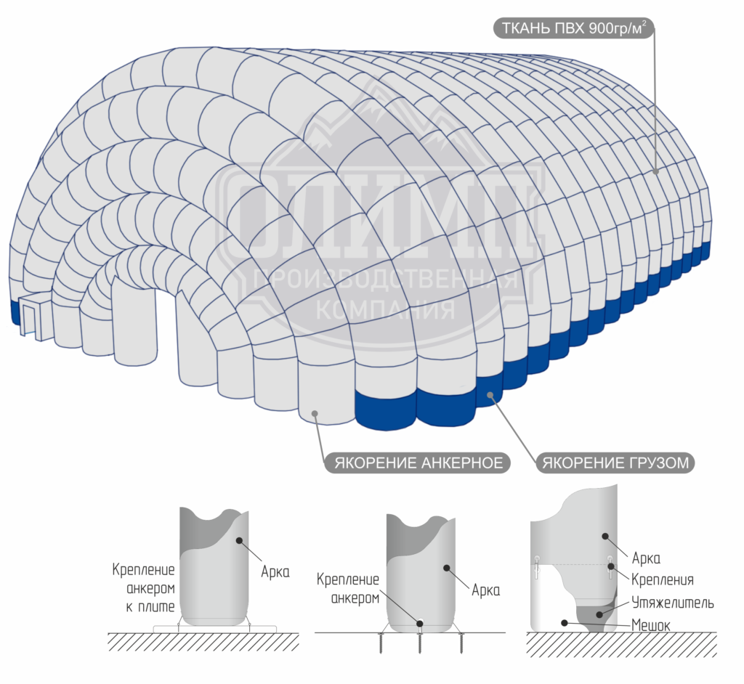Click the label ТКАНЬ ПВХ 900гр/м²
click(574, 28)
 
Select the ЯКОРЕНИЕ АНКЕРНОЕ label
click(418, 463)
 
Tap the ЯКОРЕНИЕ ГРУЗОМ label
click(615, 463)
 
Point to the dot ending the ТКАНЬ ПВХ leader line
click(656, 171)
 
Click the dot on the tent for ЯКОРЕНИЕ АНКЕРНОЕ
click(315, 414)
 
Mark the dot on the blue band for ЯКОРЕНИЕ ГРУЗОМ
click(490, 395)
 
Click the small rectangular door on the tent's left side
click(31, 315)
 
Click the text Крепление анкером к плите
click(144, 588)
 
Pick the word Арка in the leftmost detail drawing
click(275, 572)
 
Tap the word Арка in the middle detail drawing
click(486, 590)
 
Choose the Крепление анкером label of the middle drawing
click(348, 589)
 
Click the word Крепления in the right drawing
click(663, 579)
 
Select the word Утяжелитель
click(673, 603)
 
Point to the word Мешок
click(651, 626)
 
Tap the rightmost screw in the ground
click(461, 643)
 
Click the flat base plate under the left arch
click(215, 629)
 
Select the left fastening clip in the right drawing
click(537, 567)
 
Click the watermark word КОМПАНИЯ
click(385, 310)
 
